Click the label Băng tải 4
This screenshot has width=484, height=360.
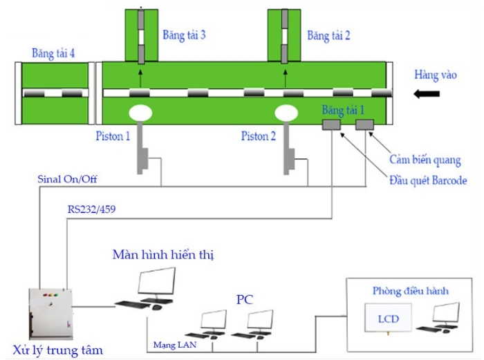[53, 53]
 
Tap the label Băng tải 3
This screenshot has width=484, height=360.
[184, 35]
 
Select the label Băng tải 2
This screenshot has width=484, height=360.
[328, 35]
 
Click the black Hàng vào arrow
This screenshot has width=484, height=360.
[426, 93]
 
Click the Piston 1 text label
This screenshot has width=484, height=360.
[113, 136]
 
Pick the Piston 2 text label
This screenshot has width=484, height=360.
[259, 136]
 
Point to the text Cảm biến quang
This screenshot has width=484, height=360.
[425, 160]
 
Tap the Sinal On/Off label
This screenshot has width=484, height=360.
[68, 179]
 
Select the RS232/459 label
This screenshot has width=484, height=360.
[92, 207]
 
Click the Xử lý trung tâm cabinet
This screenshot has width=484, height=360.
[50, 312]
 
